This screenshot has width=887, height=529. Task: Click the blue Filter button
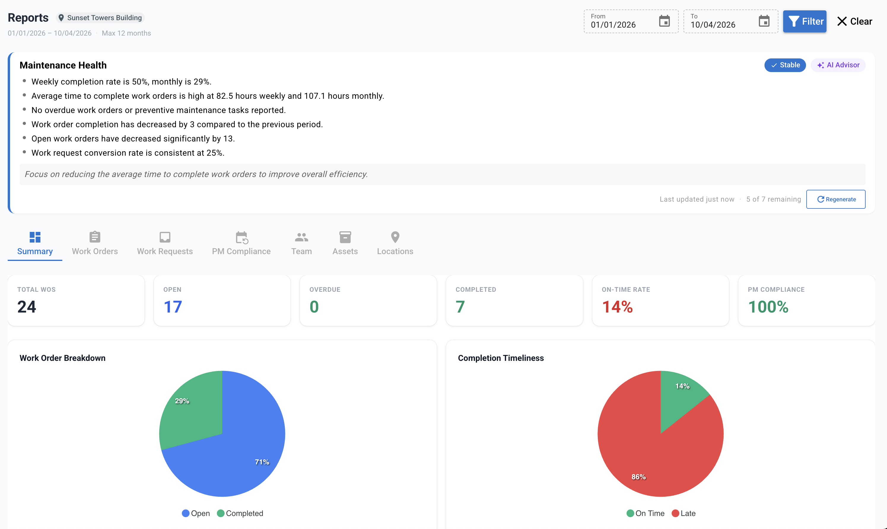click(804, 21)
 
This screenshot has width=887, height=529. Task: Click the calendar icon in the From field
click(664, 21)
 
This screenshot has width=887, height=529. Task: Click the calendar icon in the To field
click(764, 21)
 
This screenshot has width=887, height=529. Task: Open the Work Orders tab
click(95, 244)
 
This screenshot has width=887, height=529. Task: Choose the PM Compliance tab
click(241, 244)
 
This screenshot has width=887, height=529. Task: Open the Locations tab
click(395, 244)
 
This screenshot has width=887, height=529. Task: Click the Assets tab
click(345, 244)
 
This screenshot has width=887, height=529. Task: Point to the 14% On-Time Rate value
click(617, 307)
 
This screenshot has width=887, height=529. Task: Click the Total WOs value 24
click(27, 307)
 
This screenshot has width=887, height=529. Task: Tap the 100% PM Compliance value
click(768, 307)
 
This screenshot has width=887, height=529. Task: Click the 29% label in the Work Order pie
click(182, 401)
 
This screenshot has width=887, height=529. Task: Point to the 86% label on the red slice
click(638, 477)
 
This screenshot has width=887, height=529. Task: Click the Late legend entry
click(684, 513)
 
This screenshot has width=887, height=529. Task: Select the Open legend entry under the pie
click(196, 513)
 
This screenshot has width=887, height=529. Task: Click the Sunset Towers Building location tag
click(100, 18)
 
